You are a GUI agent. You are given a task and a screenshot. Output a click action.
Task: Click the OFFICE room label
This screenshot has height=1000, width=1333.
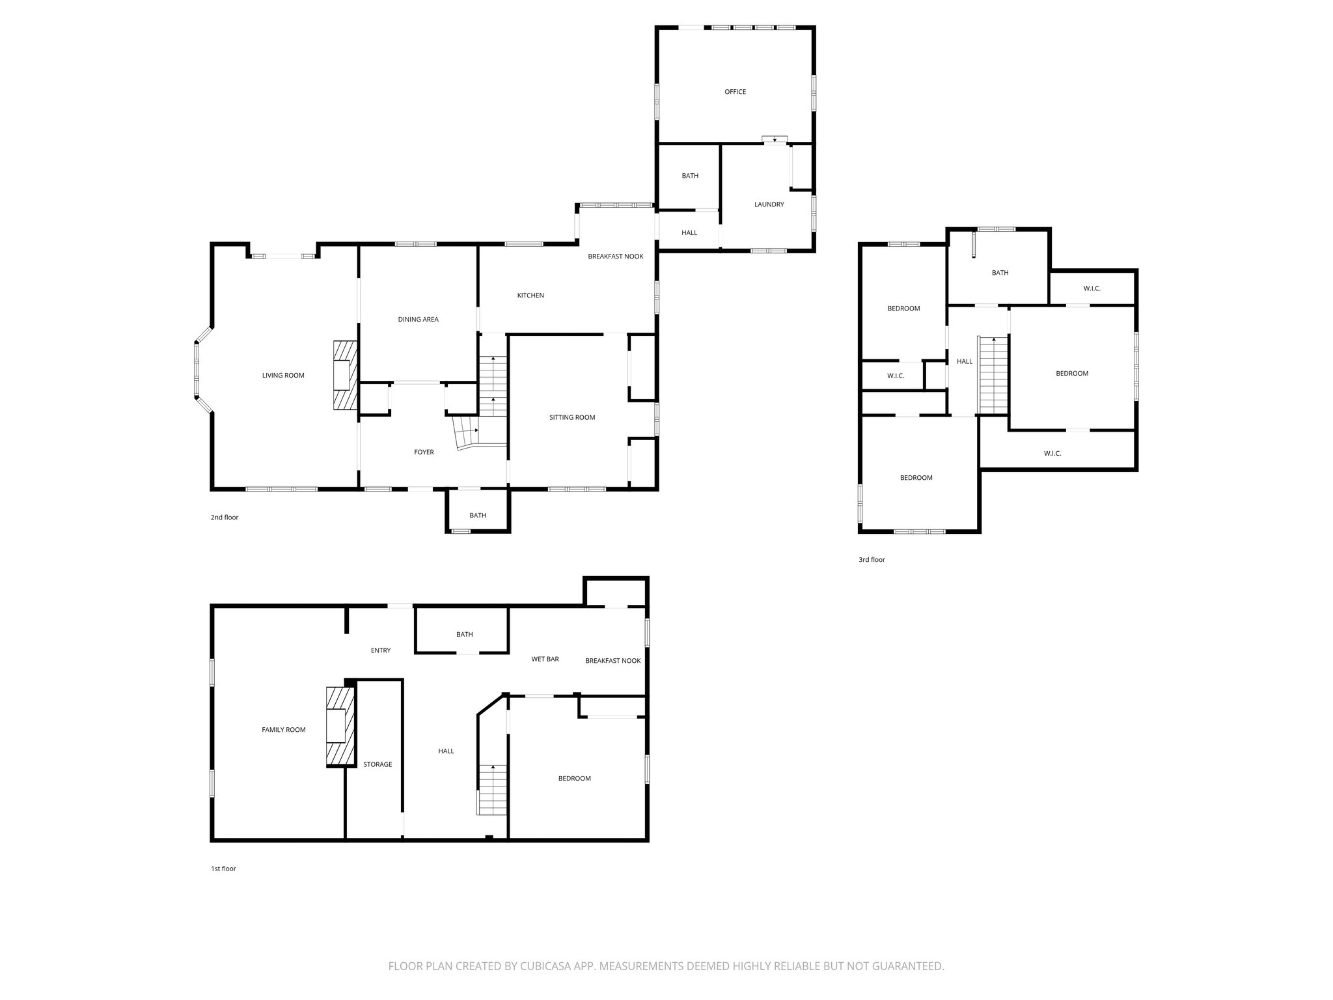(735, 92)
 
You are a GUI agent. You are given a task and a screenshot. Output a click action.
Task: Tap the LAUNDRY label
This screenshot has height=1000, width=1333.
(769, 204)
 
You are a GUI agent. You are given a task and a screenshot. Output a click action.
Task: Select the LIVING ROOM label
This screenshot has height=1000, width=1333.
(283, 376)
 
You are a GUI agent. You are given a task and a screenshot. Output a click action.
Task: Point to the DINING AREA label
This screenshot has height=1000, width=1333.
(418, 320)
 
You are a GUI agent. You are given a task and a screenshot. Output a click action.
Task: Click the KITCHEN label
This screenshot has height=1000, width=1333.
(530, 296)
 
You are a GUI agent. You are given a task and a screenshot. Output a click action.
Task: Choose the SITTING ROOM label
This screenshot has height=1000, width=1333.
(572, 417)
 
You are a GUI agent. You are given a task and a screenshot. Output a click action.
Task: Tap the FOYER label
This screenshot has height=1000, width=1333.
(424, 452)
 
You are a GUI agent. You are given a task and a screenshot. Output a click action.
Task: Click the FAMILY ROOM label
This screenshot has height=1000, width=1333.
(283, 730)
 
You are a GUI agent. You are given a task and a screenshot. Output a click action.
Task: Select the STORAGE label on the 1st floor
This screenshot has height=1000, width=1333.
(378, 764)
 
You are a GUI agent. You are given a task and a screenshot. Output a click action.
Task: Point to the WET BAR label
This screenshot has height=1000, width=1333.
(545, 659)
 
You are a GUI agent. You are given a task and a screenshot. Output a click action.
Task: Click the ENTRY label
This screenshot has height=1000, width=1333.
(381, 650)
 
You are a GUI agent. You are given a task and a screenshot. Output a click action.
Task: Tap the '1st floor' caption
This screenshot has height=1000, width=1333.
(223, 868)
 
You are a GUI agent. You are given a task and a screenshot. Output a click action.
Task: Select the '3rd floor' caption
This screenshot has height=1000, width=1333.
(872, 560)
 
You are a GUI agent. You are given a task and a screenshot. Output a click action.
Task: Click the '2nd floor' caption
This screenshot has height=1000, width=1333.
(225, 518)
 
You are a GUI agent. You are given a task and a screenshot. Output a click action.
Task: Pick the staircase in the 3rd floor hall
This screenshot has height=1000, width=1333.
(993, 375)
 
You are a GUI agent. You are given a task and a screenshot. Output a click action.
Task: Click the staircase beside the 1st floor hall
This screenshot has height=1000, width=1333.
(493, 790)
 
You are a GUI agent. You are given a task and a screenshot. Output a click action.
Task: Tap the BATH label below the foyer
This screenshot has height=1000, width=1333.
(478, 516)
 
